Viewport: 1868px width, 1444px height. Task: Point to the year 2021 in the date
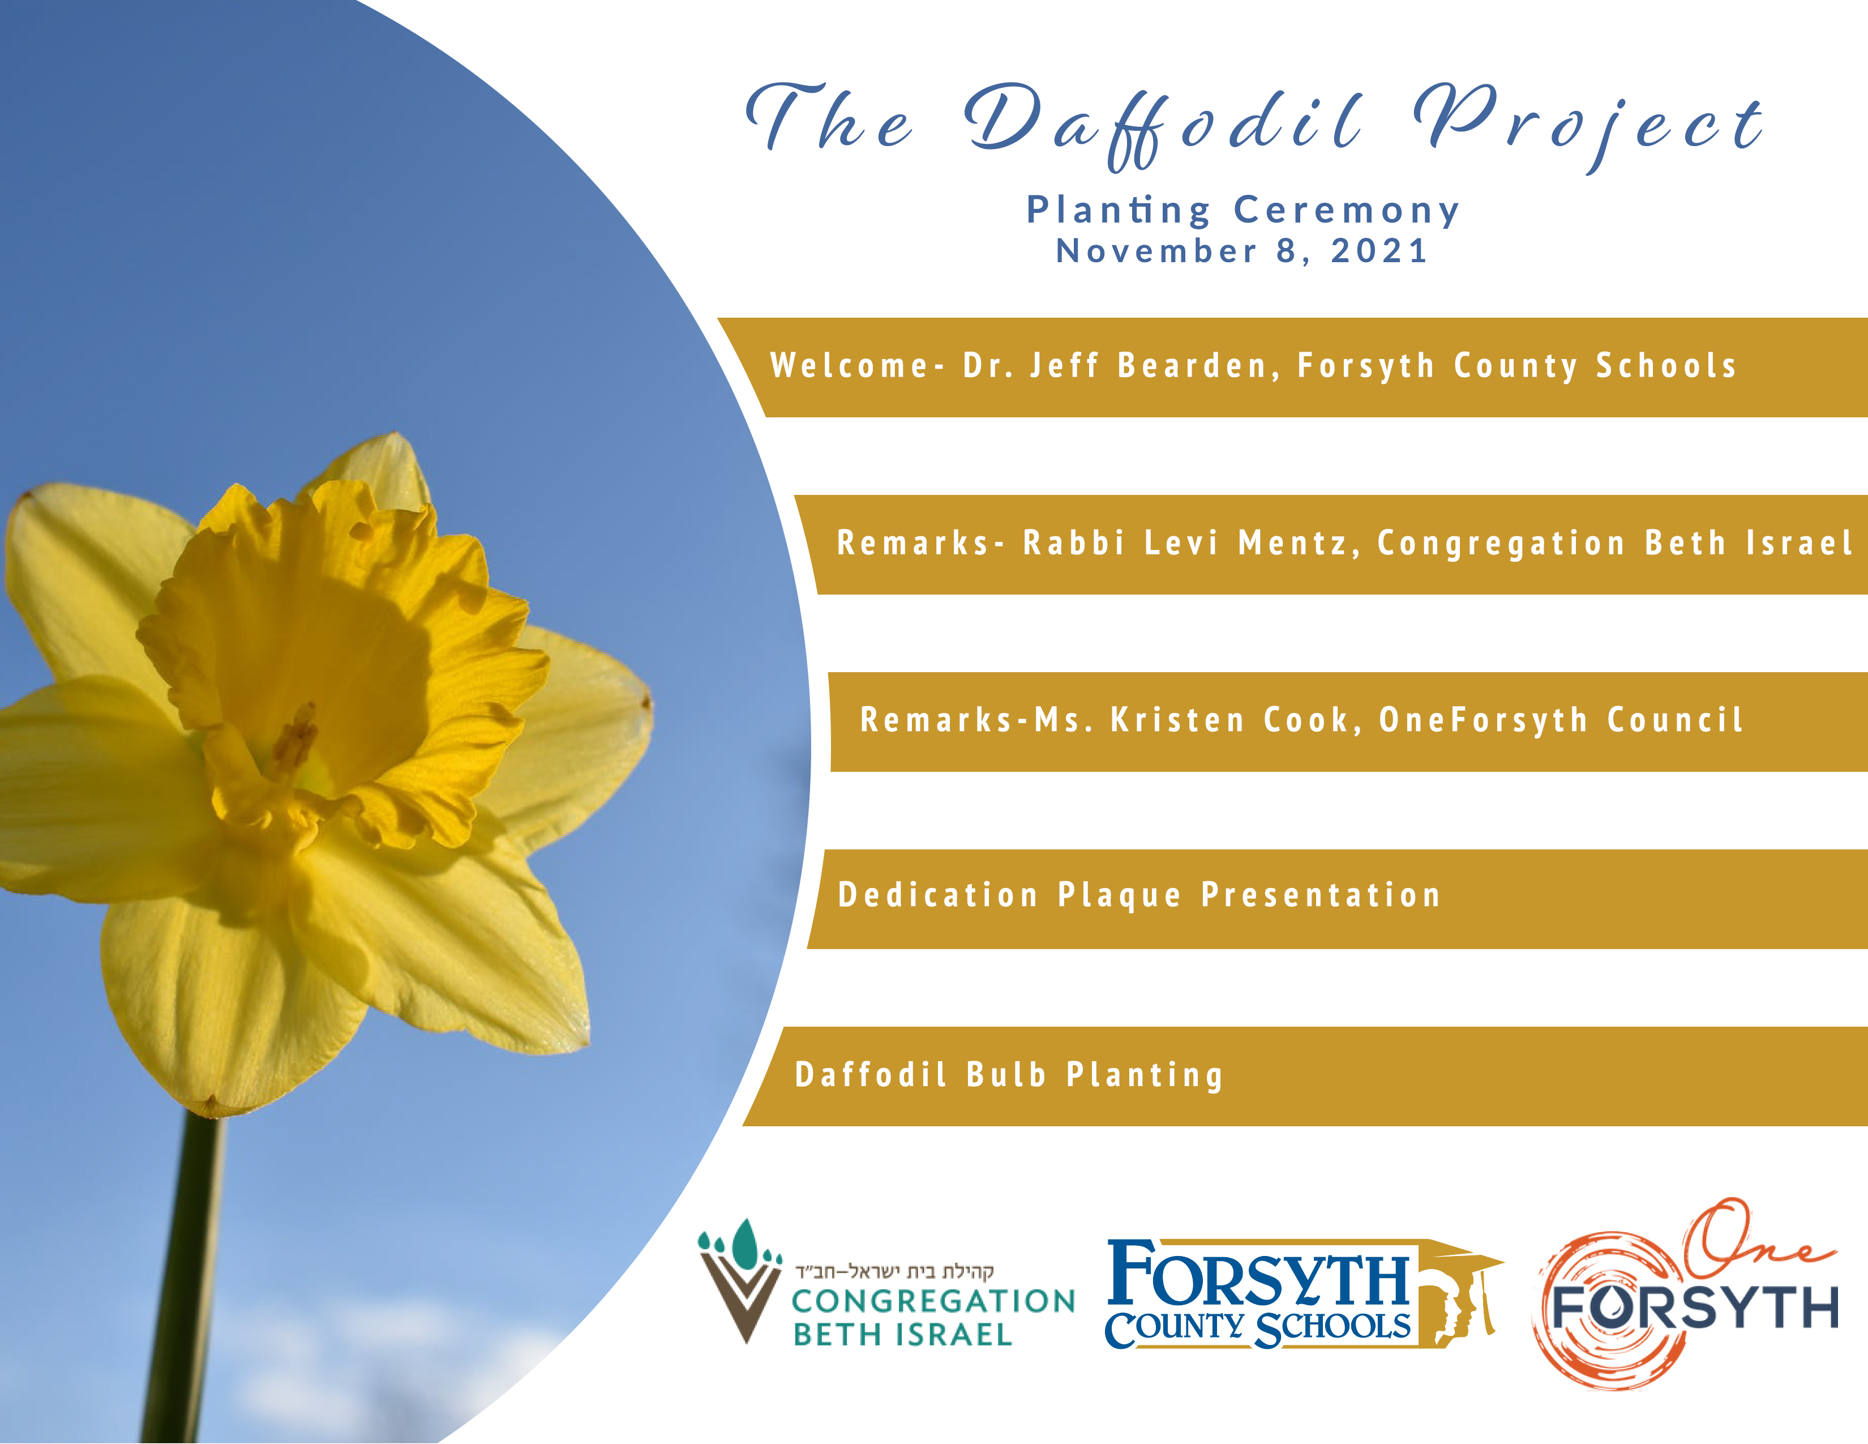click(x=1379, y=251)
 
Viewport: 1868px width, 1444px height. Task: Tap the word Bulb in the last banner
click(x=1006, y=1074)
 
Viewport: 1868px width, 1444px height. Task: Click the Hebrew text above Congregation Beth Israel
click(x=894, y=1271)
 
